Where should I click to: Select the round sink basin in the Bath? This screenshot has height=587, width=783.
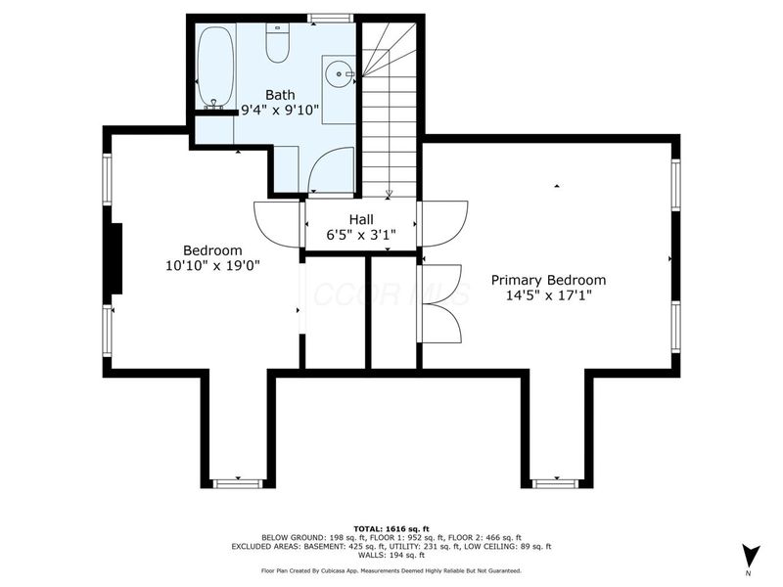[339, 71]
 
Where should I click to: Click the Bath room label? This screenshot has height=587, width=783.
[253, 95]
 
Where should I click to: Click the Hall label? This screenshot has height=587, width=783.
[361, 220]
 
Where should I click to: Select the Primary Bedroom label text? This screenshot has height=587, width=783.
[548, 279]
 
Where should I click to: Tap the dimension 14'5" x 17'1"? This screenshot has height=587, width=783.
[548, 294]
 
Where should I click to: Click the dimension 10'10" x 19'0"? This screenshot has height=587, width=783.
[212, 264]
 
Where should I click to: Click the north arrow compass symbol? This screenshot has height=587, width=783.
[750, 555]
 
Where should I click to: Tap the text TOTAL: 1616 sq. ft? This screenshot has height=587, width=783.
[391, 527]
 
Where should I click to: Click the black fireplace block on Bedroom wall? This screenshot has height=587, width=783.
[115, 258]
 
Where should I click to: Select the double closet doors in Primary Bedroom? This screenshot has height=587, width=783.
[440, 303]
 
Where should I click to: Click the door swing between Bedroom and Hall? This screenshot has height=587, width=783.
[278, 223]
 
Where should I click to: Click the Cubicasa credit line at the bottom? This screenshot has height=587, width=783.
[391, 570]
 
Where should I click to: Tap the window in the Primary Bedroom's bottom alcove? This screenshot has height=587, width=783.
[555, 482]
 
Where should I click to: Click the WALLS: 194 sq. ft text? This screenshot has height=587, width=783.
[391, 555]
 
